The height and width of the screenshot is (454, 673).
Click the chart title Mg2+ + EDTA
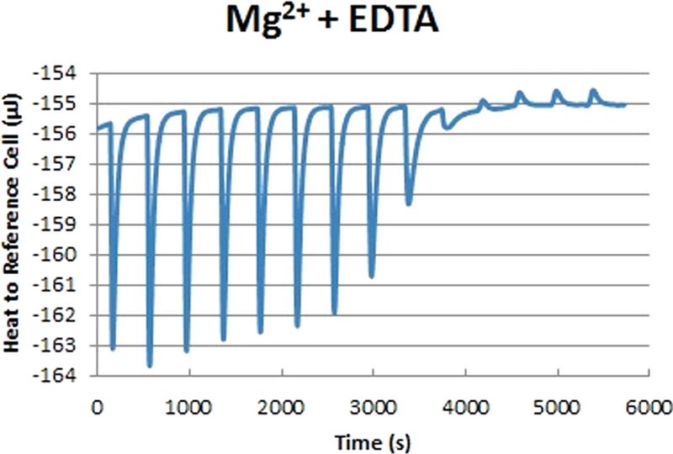pos(332,20)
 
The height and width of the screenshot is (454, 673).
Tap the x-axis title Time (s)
pos(373,442)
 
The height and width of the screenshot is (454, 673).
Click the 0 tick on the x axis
pos(98,408)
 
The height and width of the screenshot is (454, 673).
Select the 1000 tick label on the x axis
pos(188,408)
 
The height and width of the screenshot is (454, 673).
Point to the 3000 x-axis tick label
pos(373,408)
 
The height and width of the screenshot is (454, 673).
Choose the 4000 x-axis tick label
pos(465,408)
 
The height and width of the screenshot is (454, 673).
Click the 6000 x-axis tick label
pos(649,408)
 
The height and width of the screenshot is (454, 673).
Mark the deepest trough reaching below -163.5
pos(150,366)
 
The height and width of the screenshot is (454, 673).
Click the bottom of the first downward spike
pos(113,348)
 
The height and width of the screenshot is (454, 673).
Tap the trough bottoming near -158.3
pos(409,203)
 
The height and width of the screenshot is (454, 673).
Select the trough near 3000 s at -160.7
pos(372,277)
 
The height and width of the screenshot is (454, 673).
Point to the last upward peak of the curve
pos(594,90)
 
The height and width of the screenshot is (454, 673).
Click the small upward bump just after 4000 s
pos(483,100)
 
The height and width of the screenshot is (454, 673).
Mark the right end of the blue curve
pos(625,104)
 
